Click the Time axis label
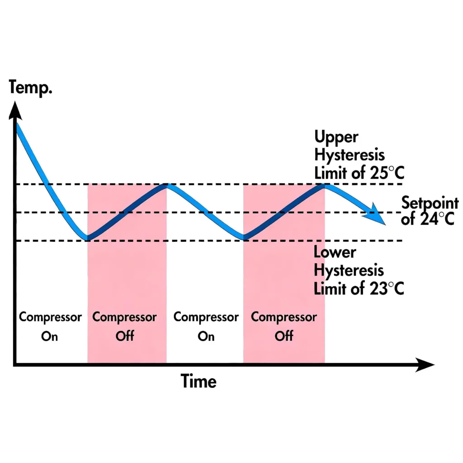click(x=199, y=381)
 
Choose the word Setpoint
click(x=430, y=203)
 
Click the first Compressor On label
click(x=50, y=326)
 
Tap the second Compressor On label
click(x=206, y=326)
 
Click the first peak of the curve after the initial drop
click(x=167, y=185)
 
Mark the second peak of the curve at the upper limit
click(x=324, y=185)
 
